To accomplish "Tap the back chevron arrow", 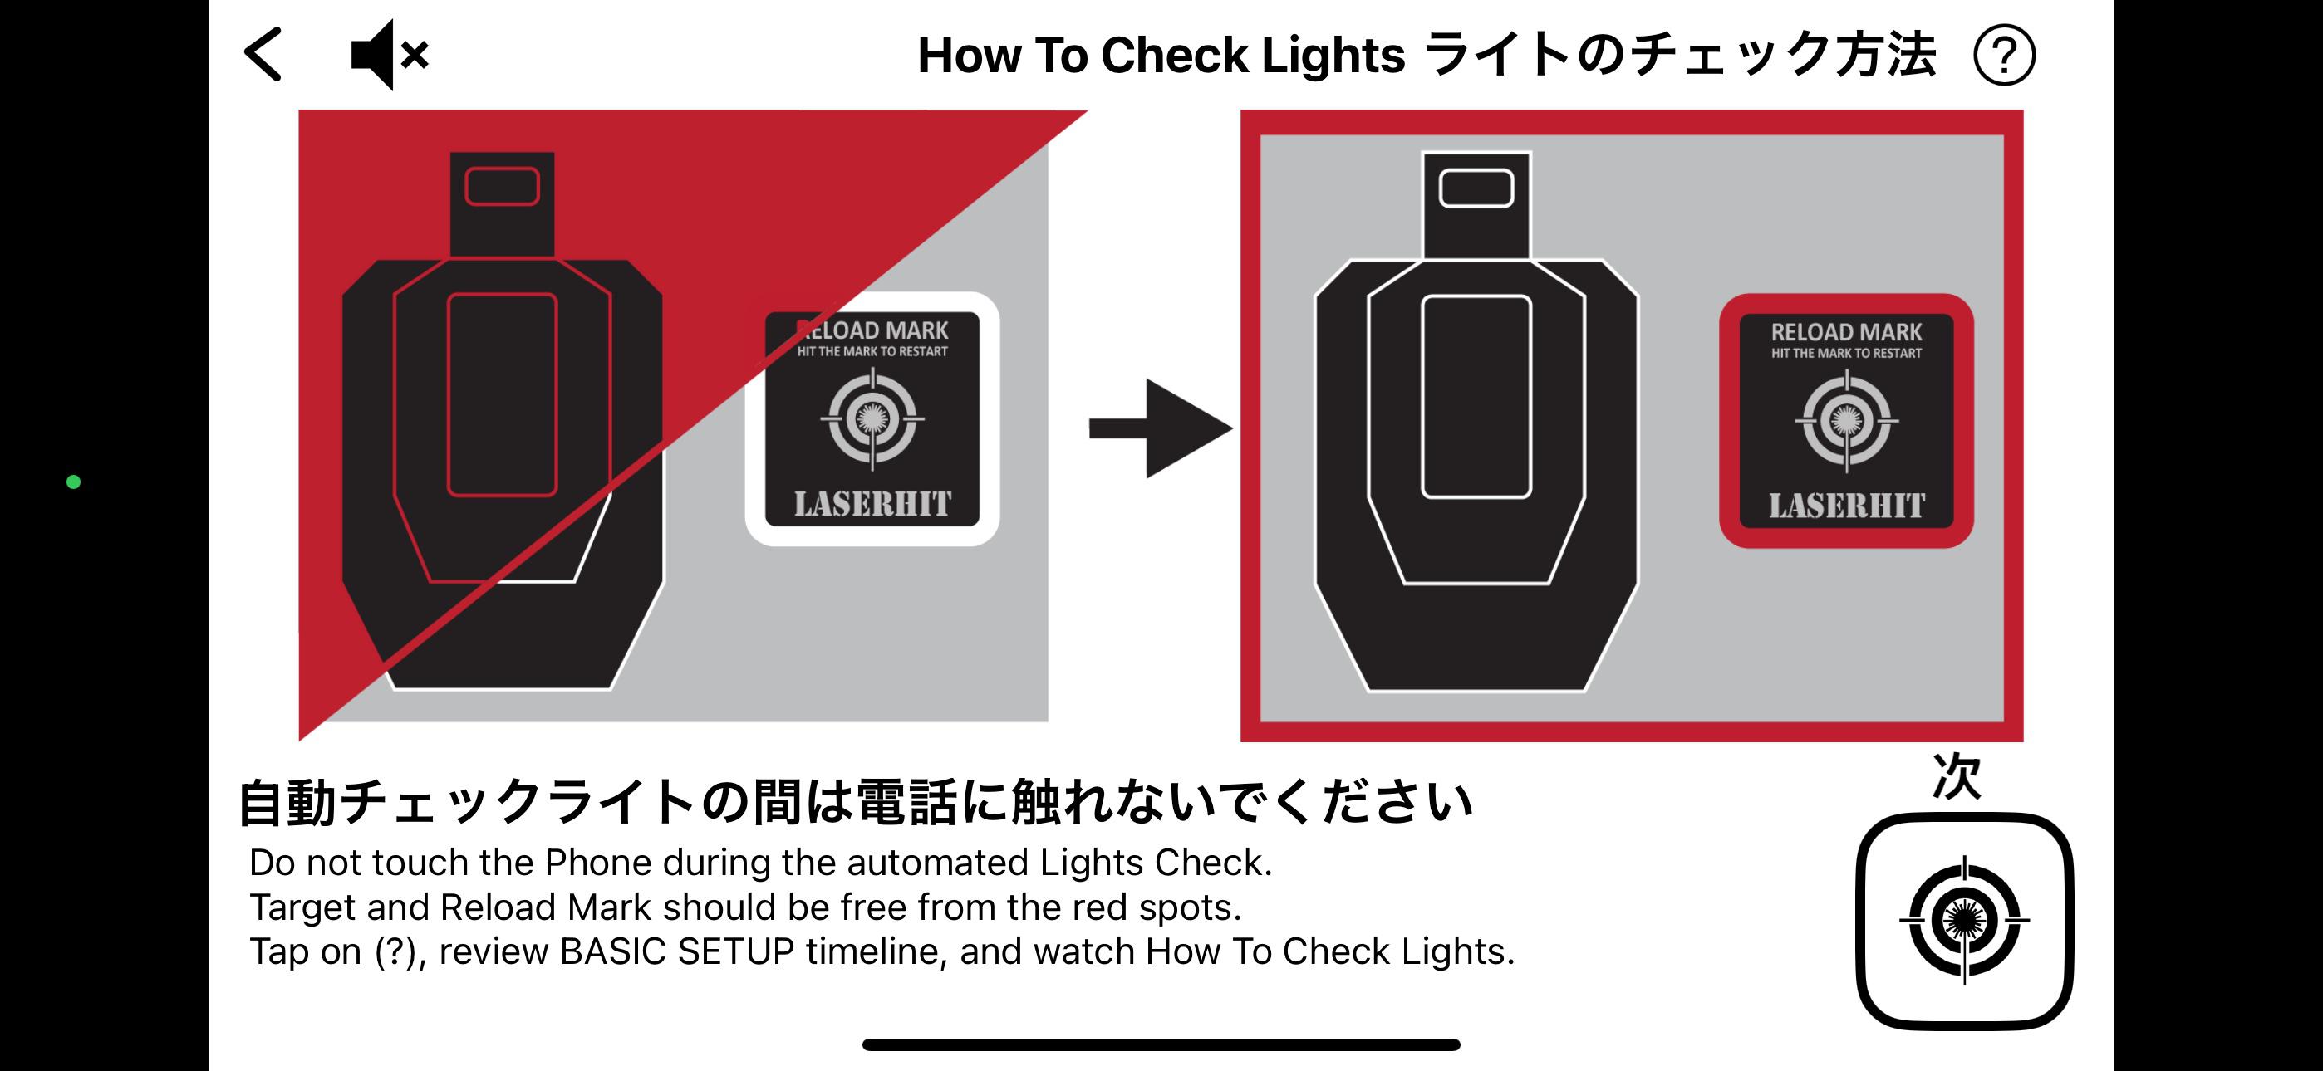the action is click(x=263, y=54).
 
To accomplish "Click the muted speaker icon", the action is click(x=389, y=55).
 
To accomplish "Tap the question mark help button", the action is click(x=2003, y=56).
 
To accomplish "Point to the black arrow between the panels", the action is click(x=1161, y=428).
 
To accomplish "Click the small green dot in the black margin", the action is click(x=74, y=482).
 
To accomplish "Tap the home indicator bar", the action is click(x=1161, y=1045).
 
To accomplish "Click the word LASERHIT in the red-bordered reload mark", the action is click(x=1847, y=506).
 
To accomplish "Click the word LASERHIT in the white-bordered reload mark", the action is click(x=872, y=504).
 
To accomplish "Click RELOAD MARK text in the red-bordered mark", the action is click(x=1847, y=332).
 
